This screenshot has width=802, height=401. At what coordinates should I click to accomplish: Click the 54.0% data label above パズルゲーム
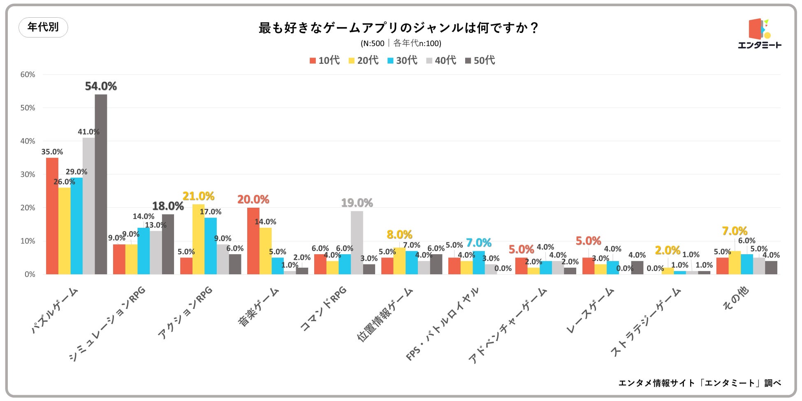click(101, 86)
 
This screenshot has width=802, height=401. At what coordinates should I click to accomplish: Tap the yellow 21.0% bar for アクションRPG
click(198, 239)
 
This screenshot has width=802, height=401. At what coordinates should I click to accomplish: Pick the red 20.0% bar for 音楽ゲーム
click(253, 241)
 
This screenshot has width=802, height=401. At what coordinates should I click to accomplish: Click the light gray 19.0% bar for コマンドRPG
click(357, 243)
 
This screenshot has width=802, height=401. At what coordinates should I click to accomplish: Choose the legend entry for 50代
click(480, 60)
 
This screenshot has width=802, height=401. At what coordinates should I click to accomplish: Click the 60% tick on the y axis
click(28, 74)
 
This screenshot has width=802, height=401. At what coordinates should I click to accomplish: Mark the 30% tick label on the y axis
click(28, 174)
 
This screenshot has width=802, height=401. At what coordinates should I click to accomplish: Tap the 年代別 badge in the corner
click(43, 27)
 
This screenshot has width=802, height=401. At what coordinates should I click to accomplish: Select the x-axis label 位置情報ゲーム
click(385, 315)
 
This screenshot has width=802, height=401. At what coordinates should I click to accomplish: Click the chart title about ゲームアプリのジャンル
click(398, 28)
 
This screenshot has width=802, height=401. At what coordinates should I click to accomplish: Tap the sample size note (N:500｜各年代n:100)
click(401, 43)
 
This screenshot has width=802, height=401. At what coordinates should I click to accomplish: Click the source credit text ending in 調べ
click(699, 383)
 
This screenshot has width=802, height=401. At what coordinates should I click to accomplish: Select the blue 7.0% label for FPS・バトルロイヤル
click(479, 243)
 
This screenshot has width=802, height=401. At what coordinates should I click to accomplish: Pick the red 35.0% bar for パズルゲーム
click(52, 216)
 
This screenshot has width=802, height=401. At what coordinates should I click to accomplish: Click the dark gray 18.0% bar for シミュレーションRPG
click(168, 244)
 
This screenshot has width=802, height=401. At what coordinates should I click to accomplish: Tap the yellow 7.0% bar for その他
click(735, 262)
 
